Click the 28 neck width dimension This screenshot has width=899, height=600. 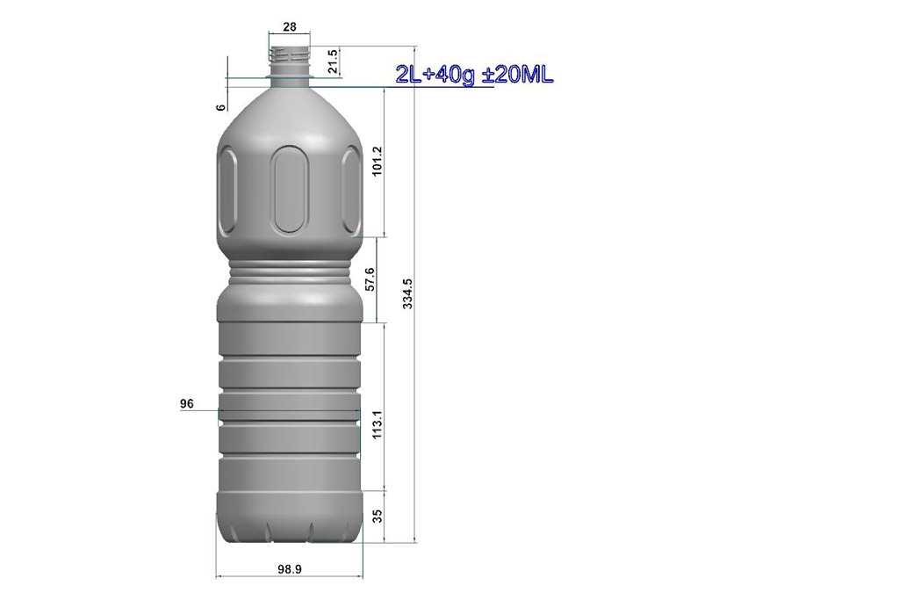[x=290, y=26]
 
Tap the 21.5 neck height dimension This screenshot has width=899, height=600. [x=333, y=61]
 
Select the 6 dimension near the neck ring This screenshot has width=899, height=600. [x=220, y=107]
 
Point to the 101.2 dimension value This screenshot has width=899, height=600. [x=377, y=161]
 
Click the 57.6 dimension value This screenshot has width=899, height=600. [x=370, y=278]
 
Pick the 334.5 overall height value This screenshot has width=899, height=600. [x=407, y=293]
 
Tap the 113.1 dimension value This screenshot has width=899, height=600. [x=377, y=425]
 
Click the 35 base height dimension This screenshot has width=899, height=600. [x=377, y=516]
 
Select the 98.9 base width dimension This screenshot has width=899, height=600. [x=290, y=569]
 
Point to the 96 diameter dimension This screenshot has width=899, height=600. [x=187, y=404]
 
